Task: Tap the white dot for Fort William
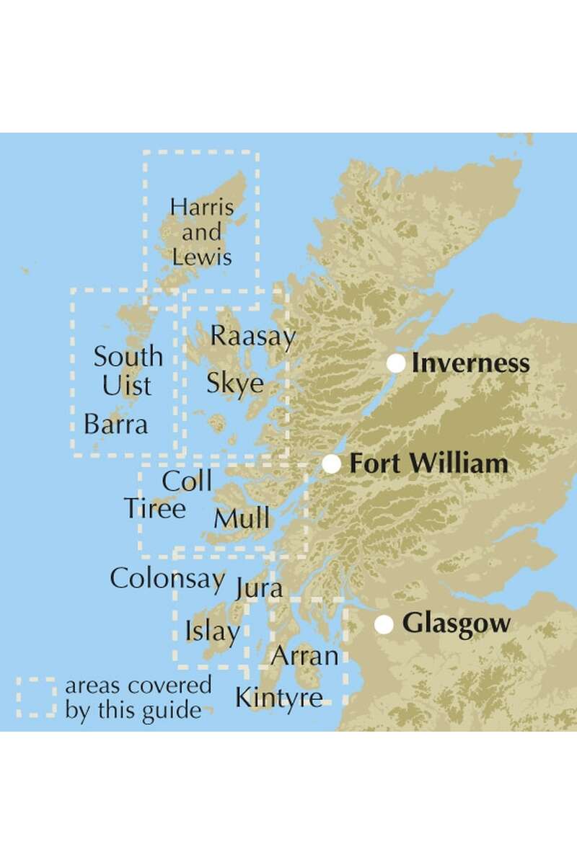[331, 464]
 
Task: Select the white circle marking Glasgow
[384, 624]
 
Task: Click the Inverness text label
[470, 364]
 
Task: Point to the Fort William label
[428, 464]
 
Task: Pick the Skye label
[235, 383]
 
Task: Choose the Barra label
[115, 425]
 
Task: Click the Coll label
[188, 481]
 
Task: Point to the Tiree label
[154, 509]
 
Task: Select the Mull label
[242, 518]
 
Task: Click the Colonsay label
[169, 578]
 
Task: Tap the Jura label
[259, 589]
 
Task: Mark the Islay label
[212, 632]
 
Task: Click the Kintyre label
[278, 697]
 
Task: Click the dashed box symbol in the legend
[36, 696]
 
